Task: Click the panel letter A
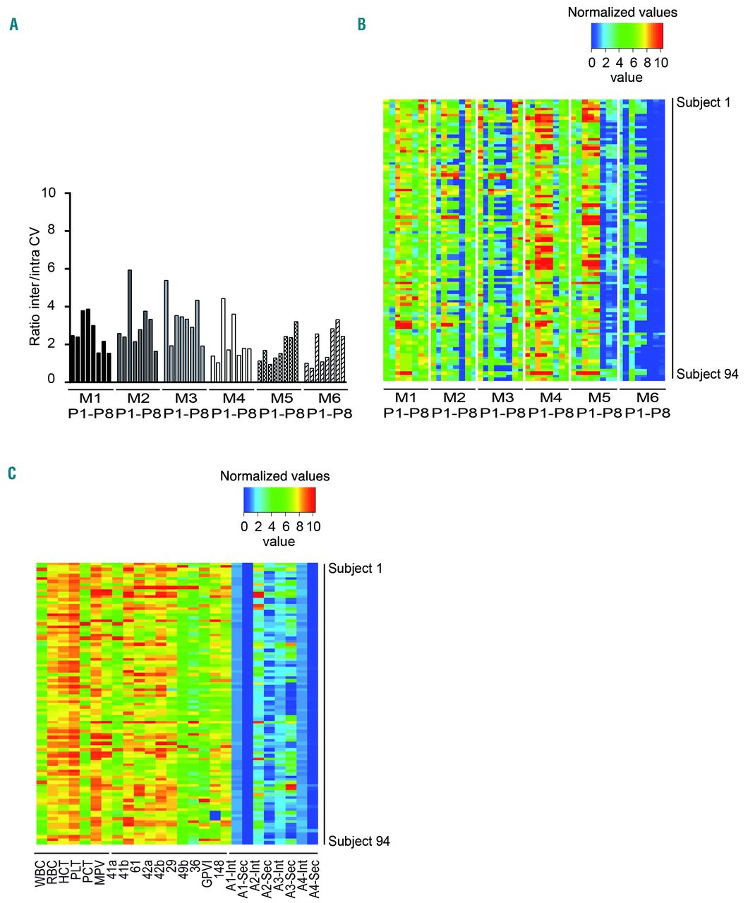click(13, 25)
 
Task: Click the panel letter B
click(362, 25)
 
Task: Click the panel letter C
click(11, 472)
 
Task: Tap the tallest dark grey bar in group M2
click(130, 325)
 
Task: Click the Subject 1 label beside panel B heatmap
click(704, 102)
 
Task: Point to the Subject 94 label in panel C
click(359, 841)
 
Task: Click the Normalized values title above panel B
click(622, 13)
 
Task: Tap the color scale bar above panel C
click(279, 500)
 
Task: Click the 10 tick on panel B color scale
click(660, 62)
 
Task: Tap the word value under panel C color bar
click(279, 542)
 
